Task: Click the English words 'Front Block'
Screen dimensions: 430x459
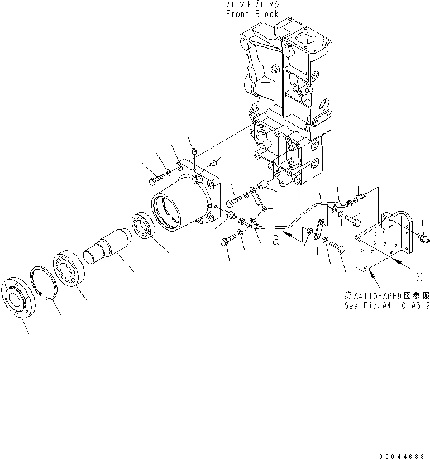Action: (252, 14)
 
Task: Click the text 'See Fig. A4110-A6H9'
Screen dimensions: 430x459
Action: (386, 306)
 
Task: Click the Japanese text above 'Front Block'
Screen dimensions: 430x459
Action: (252, 4)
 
